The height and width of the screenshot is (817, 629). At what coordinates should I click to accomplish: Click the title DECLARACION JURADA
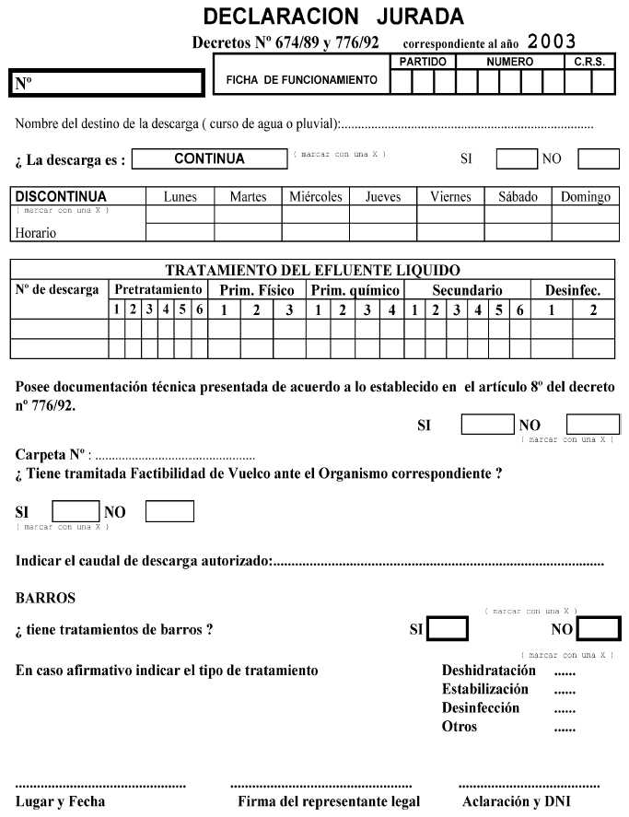(333, 17)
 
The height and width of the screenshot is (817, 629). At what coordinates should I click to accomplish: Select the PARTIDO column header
(423, 61)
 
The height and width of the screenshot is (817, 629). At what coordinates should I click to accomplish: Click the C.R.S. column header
(589, 61)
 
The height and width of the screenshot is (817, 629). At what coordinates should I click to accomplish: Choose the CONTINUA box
(209, 158)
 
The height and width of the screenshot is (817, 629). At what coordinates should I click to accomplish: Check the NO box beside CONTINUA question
(598, 158)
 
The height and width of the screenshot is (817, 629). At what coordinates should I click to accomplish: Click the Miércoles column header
(316, 196)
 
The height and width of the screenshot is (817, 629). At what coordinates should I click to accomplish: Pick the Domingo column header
(585, 196)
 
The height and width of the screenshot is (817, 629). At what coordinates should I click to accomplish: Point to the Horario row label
(35, 233)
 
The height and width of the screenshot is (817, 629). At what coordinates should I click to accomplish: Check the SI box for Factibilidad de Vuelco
(76, 511)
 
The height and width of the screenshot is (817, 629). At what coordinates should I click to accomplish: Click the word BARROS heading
(45, 598)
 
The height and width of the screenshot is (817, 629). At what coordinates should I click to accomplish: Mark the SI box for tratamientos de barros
(448, 629)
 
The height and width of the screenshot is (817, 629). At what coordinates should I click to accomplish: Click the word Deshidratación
(488, 671)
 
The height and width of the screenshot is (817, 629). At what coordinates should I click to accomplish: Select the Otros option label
(460, 727)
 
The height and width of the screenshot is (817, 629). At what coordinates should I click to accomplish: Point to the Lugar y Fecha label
(60, 801)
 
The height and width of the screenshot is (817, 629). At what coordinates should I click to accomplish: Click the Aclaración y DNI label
(517, 801)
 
